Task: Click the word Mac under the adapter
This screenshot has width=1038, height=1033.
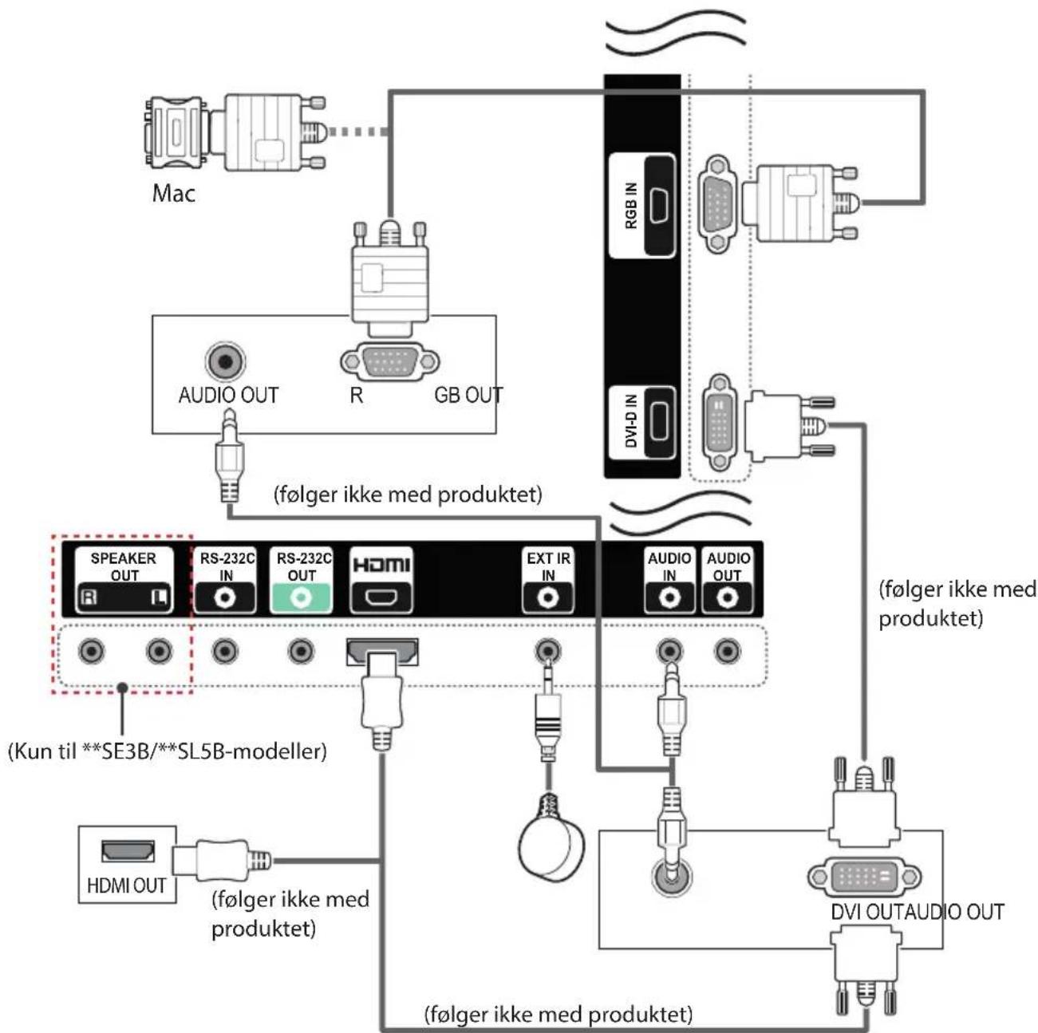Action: tap(173, 193)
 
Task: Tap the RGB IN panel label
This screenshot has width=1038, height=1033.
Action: tap(631, 205)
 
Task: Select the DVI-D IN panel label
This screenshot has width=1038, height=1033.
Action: tap(631, 420)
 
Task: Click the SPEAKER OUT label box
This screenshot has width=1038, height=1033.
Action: tap(124, 580)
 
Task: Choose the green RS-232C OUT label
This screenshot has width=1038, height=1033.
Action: tap(302, 580)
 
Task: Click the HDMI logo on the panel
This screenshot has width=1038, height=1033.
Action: tap(381, 565)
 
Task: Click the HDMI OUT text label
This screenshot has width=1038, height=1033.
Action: tap(127, 886)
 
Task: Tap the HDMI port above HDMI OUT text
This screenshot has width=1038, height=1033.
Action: tap(128, 851)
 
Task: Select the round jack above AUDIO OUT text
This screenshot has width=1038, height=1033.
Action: tap(226, 361)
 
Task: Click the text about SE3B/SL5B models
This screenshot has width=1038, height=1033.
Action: tap(168, 751)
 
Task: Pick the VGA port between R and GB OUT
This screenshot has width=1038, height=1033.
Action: tap(389, 361)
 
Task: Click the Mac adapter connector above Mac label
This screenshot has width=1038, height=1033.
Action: tap(176, 132)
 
